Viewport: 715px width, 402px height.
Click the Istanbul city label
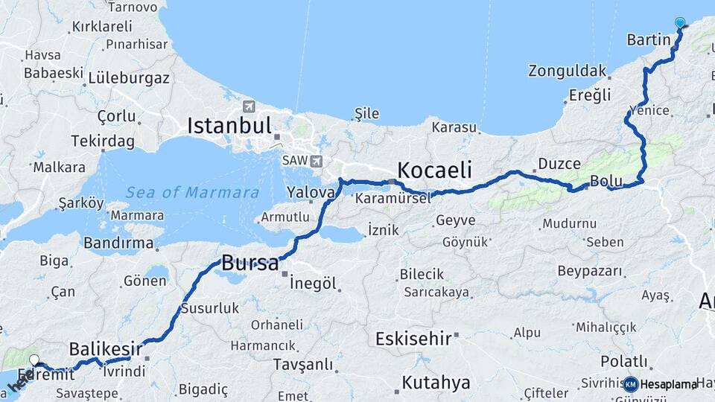tap(229, 125)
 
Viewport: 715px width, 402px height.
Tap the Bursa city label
tap(250, 263)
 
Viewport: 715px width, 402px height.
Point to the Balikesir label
tap(106, 348)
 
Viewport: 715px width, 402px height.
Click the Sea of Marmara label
tap(191, 193)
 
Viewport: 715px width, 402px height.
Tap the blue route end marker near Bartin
tap(679, 23)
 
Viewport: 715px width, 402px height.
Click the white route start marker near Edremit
tap(34, 360)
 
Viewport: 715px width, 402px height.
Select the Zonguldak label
tap(567, 71)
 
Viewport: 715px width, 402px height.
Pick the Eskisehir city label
tap(413, 339)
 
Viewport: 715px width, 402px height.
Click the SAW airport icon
tap(317, 161)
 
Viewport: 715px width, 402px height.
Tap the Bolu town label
tap(606, 181)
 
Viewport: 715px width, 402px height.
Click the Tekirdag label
tap(103, 141)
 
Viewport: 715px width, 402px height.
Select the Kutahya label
tap(436, 383)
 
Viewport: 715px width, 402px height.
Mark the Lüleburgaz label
tap(129, 77)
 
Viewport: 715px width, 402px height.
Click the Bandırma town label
tap(118, 243)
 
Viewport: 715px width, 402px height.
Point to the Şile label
tap(366, 114)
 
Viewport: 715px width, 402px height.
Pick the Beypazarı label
tap(589, 269)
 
